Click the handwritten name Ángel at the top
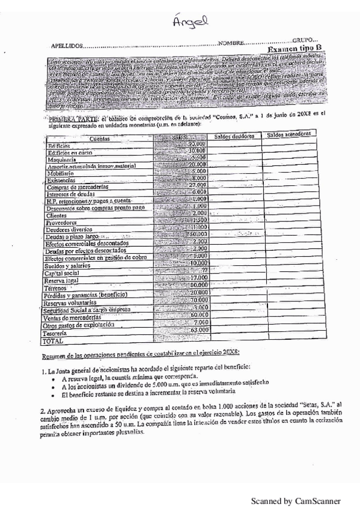pos(189,23)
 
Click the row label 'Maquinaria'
pos(63,159)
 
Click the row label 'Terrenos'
pos(59,288)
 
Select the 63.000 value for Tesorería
pos(198,330)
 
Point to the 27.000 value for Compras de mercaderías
pos(197,185)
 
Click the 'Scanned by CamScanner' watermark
pos(295,500)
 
